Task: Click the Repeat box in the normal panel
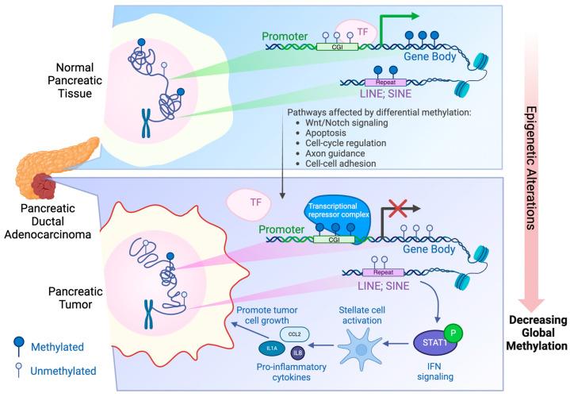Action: coord(384,82)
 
